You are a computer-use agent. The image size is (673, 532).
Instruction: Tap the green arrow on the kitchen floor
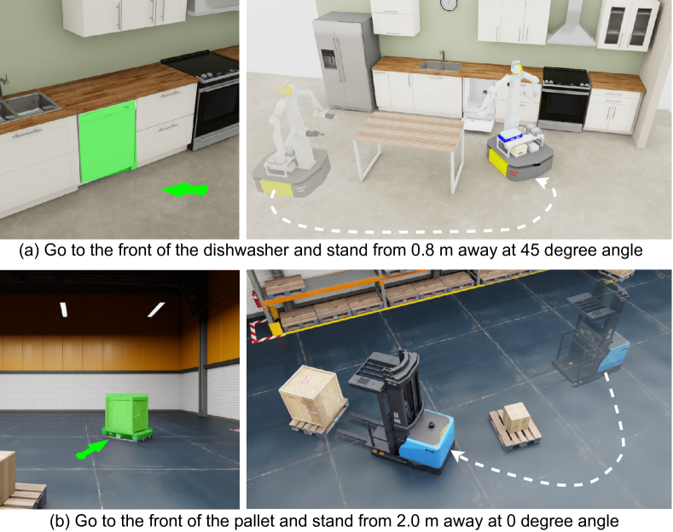(x=184, y=189)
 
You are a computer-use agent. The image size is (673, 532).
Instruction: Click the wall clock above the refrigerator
(x=449, y=4)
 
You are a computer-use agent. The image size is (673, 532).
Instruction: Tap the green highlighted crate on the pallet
(x=127, y=417)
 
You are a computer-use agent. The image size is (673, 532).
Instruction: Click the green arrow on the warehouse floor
(x=92, y=448)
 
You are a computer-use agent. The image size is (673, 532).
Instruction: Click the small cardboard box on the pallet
(x=516, y=418)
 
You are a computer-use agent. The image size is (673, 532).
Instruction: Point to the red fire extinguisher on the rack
(x=258, y=299)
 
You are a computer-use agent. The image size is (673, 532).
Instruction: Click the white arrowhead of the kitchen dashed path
(x=543, y=182)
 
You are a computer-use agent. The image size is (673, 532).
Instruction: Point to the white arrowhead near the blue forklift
(x=458, y=456)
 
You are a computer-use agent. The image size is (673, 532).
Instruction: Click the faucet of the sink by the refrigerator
(x=442, y=55)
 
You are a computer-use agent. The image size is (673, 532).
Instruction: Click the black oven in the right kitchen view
(x=564, y=100)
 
